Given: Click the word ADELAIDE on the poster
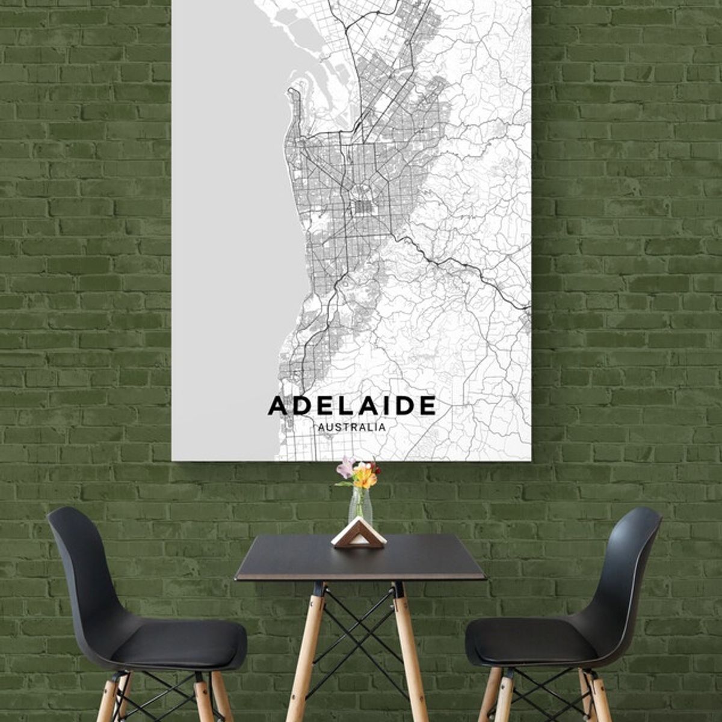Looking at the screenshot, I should pyautogui.click(x=352, y=406).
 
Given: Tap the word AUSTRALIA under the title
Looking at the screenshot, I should pyautogui.click(x=352, y=427).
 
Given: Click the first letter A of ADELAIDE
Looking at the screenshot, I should pyautogui.click(x=277, y=406).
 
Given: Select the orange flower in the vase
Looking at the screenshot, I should pyautogui.click(x=365, y=477).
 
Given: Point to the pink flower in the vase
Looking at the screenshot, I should pyautogui.click(x=347, y=466).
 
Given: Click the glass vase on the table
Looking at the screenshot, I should pyautogui.click(x=360, y=508).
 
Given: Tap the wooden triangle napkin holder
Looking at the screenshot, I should pyautogui.click(x=359, y=535).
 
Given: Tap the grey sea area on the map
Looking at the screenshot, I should pyautogui.click(x=229, y=241).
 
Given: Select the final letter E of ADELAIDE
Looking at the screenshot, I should pyautogui.click(x=428, y=406).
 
